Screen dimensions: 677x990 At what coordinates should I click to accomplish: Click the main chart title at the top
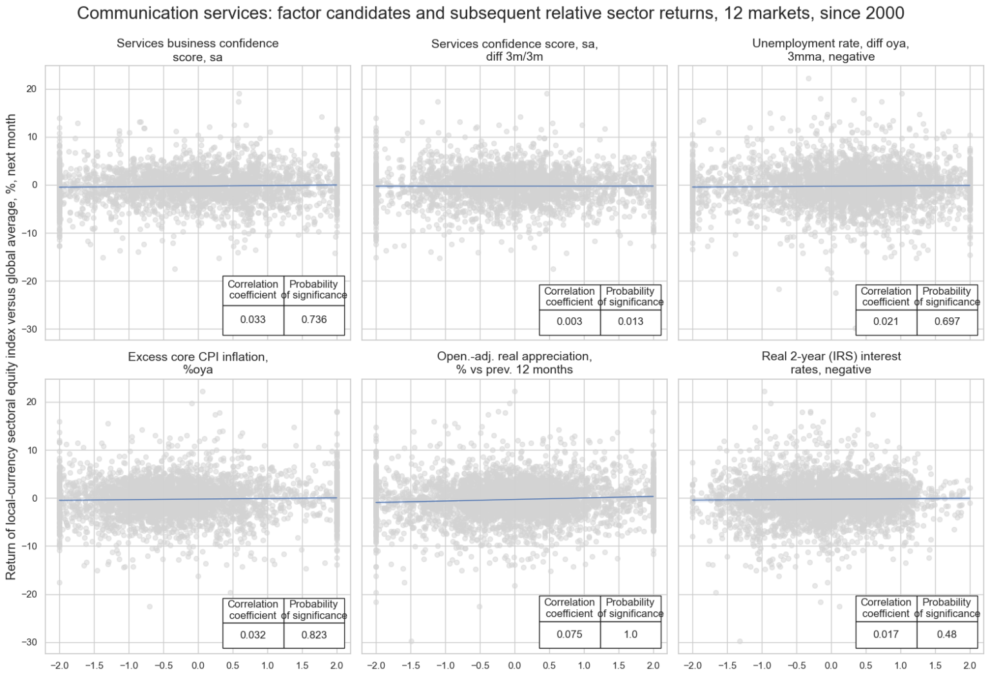tap(490, 13)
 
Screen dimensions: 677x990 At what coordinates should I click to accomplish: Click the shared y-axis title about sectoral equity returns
tap(12, 347)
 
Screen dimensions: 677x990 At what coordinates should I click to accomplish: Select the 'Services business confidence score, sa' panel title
tap(197, 50)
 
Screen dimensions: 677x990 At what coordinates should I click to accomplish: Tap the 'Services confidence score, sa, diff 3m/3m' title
tap(514, 50)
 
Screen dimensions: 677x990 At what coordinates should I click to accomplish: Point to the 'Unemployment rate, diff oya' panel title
tap(830, 50)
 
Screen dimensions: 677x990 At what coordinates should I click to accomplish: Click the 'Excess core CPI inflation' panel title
tap(197, 363)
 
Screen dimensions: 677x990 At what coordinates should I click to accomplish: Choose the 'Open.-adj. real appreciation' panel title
tap(514, 363)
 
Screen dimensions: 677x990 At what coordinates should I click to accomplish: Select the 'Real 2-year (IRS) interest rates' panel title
tap(830, 363)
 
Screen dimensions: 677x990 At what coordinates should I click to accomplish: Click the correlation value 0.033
tap(253, 320)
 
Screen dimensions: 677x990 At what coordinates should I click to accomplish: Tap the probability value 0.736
tap(314, 320)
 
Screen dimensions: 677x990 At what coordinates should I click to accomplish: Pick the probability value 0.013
tap(630, 322)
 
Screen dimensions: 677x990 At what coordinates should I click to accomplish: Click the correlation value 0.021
tap(886, 322)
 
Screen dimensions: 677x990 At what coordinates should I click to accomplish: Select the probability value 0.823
tap(314, 634)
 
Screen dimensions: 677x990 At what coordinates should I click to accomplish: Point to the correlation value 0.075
tap(569, 634)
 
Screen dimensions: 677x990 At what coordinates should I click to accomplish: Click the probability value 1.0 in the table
tap(630, 634)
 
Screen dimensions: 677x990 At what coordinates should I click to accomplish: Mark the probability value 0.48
tap(947, 634)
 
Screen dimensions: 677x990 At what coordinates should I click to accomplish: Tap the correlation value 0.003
tap(569, 322)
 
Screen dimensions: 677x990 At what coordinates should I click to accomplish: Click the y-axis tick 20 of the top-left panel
tap(32, 89)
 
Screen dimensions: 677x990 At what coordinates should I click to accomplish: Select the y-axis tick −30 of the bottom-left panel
tap(29, 642)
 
